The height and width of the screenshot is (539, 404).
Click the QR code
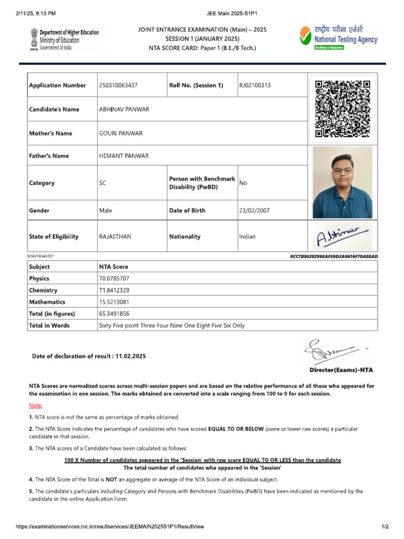(x=342, y=109)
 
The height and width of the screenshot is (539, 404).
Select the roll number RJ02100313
(x=255, y=85)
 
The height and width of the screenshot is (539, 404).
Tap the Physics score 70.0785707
(x=114, y=278)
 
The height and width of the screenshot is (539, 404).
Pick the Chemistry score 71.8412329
(x=114, y=291)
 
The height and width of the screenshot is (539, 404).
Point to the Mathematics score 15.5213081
(x=114, y=302)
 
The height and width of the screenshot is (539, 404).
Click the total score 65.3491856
(x=114, y=314)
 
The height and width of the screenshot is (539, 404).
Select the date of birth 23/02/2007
(x=254, y=211)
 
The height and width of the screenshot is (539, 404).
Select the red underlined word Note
(x=35, y=405)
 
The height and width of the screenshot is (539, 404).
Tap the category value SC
(x=103, y=183)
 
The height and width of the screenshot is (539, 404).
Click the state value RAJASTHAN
(x=115, y=237)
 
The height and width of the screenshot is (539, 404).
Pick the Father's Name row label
(x=49, y=156)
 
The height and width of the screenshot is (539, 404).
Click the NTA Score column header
(x=114, y=267)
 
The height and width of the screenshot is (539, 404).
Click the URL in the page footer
(x=110, y=527)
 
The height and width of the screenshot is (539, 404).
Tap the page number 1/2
(x=385, y=527)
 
